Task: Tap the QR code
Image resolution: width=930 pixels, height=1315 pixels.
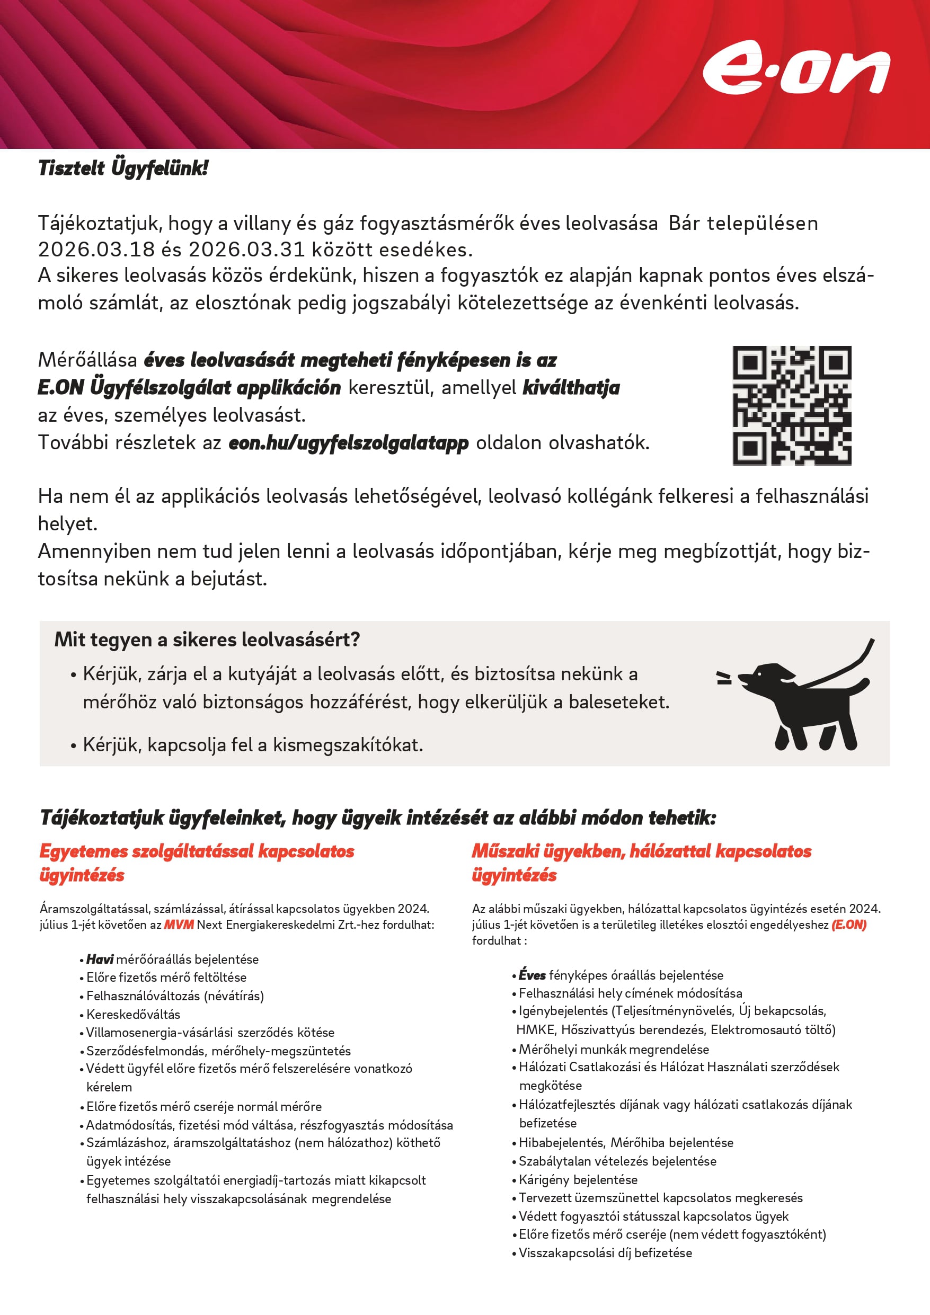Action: click(x=791, y=405)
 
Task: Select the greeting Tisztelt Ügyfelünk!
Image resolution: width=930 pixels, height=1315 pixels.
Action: click(x=123, y=168)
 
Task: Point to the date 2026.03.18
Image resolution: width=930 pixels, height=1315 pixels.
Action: click(x=96, y=250)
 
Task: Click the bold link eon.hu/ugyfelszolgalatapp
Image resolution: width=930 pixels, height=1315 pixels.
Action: click(x=348, y=443)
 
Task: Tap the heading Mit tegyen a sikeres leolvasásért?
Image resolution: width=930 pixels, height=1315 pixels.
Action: click(x=207, y=639)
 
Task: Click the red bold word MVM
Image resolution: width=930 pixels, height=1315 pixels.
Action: click(x=179, y=925)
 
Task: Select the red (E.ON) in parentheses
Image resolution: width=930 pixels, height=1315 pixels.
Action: click(x=848, y=925)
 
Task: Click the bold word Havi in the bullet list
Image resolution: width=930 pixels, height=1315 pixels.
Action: click(x=100, y=959)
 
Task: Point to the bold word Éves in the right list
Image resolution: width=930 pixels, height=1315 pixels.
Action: click(x=532, y=975)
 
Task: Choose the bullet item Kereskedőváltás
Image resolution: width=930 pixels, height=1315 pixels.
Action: click(x=133, y=1014)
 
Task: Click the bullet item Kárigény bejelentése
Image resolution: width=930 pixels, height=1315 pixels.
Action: click(x=578, y=1179)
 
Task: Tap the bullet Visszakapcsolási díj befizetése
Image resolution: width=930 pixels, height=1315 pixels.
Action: click(x=605, y=1252)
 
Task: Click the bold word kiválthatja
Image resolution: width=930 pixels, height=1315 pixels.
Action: click(x=571, y=388)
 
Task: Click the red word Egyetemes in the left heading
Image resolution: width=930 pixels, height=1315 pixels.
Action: click(x=83, y=851)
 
